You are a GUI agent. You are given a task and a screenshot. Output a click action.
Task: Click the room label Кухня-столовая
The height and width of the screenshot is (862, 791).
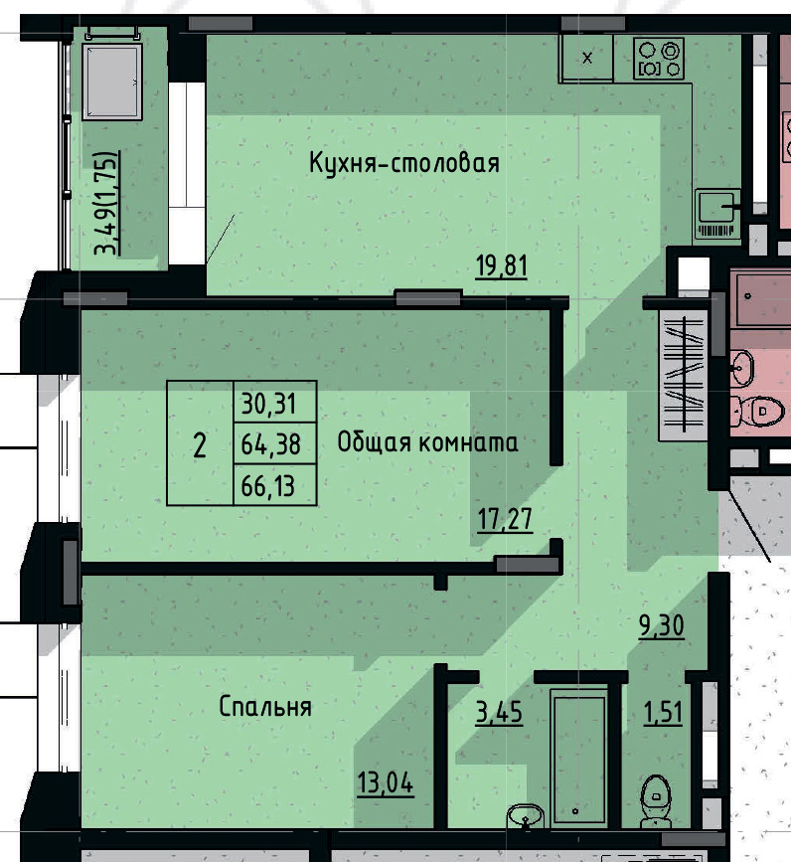pyautogui.click(x=402, y=162)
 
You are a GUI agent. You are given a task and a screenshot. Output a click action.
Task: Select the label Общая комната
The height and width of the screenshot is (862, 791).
pyautogui.click(x=427, y=442)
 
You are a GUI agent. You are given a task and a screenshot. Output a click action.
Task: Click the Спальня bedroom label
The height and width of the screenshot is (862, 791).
pyautogui.click(x=264, y=707)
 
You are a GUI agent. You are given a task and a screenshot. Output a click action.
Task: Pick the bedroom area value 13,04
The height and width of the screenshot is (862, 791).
pyautogui.click(x=385, y=782)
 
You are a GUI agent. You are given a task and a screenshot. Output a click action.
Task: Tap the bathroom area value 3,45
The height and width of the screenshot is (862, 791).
pyautogui.click(x=499, y=713)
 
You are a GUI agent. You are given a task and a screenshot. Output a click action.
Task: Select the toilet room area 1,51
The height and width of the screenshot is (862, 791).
pyautogui.click(x=662, y=713)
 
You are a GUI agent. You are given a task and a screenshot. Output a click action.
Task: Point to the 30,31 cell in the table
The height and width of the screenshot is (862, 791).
pyautogui.click(x=274, y=404)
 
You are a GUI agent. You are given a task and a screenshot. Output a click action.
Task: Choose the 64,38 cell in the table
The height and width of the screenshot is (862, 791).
pyautogui.click(x=274, y=443)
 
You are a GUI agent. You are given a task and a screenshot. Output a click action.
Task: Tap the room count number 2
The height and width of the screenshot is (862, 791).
pyautogui.click(x=200, y=444)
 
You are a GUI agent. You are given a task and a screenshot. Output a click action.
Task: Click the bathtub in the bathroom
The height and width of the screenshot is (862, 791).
pyautogui.click(x=578, y=758)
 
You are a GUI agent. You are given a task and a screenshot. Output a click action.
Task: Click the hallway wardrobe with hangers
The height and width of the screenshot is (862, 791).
pyautogui.click(x=683, y=373)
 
